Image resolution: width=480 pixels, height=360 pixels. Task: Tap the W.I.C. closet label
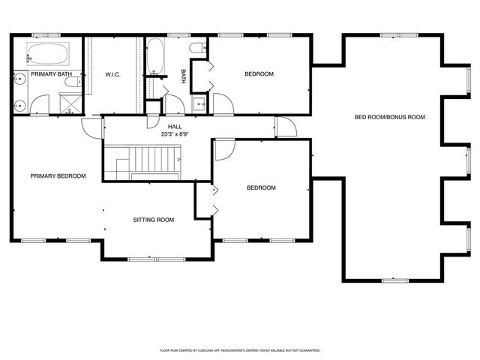112,74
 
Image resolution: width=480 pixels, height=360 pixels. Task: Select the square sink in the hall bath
199,104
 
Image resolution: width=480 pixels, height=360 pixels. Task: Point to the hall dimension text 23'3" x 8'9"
175,134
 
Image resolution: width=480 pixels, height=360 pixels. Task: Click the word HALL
175,127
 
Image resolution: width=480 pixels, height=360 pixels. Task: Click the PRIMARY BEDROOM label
58,176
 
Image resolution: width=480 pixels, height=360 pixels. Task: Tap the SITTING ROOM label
154,220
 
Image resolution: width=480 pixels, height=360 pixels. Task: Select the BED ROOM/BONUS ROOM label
390,117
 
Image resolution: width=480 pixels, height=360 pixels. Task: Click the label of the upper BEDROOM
259,74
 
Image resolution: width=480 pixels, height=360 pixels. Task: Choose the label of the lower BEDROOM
262,187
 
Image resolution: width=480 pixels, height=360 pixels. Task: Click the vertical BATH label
184,76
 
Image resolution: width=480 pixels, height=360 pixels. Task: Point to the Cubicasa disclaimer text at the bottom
240,349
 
